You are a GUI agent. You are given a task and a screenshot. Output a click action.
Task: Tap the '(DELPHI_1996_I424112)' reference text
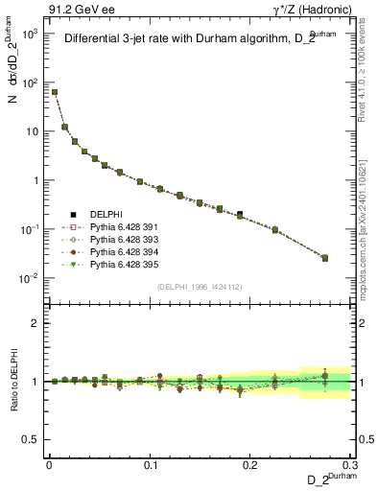199,287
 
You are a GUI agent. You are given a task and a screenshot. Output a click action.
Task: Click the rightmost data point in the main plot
324,258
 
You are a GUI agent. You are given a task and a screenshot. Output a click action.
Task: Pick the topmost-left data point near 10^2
55,92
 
